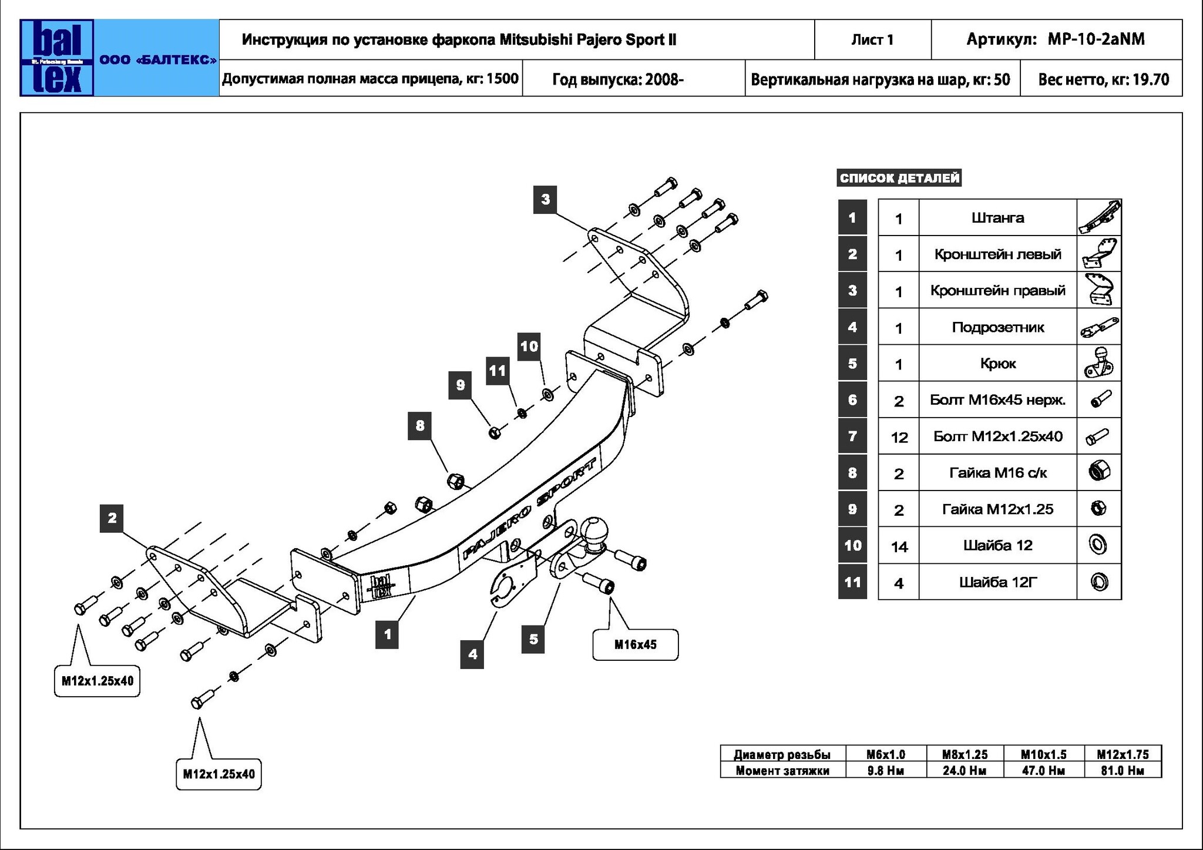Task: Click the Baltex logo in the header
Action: (x=57, y=58)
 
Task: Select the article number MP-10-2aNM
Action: (x=1096, y=39)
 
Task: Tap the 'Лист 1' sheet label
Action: (x=872, y=40)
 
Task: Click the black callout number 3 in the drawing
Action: (x=545, y=199)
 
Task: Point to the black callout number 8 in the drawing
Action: (x=419, y=425)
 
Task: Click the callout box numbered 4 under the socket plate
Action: (x=472, y=654)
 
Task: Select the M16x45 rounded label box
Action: (x=635, y=644)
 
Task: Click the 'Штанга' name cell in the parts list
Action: (x=997, y=218)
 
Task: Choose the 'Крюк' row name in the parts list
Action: (x=997, y=364)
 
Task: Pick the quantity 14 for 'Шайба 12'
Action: (x=899, y=546)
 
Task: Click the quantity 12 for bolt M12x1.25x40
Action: (x=899, y=437)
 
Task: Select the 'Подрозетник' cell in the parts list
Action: (x=997, y=327)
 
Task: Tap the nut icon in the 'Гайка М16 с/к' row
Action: (x=1098, y=472)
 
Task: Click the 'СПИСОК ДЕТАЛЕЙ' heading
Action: (x=899, y=178)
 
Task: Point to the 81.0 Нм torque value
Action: (x=1123, y=770)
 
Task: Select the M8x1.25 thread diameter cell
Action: (x=964, y=754)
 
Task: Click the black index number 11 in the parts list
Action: (x=852, y=582)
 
